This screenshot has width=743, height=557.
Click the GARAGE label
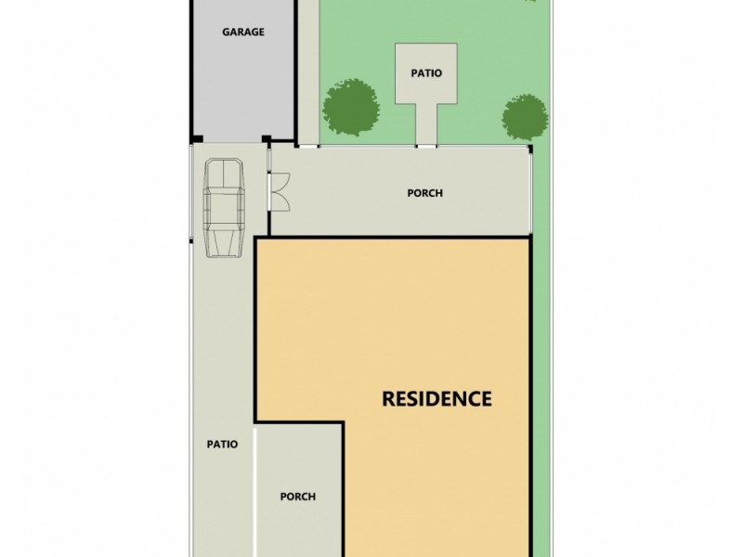coord(242,32)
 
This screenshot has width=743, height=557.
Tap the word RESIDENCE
coord(437,400)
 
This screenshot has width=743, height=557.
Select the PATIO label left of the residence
coord(222,444)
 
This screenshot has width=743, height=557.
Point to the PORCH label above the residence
coord(425,193)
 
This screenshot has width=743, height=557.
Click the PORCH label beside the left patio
coord(298,497)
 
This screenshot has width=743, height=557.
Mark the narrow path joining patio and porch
coord(425,125)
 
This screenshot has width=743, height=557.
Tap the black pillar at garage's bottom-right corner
coord(267,141)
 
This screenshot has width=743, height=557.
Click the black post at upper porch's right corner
coord(530,148)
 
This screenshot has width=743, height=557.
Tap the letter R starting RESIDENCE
coord(390,400)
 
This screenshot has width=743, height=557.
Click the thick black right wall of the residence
coord(530,390)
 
